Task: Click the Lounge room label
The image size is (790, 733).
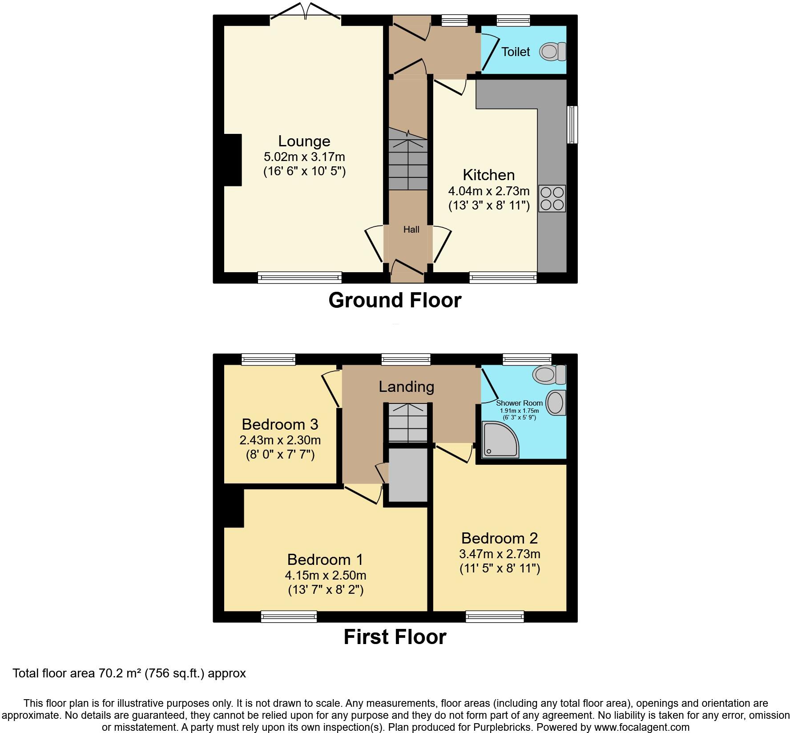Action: (304, 141)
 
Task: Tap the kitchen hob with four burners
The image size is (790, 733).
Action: (552, 198)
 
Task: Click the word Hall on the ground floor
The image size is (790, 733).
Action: (411, 230)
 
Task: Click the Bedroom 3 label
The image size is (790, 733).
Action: (280, 424)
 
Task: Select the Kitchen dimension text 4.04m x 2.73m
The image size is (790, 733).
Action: (488, 191)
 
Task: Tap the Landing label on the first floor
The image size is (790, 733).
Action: (406, 387)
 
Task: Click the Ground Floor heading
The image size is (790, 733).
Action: (395, 300)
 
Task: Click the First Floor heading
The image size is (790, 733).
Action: (395, 637)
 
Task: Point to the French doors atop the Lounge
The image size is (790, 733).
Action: (305, 12)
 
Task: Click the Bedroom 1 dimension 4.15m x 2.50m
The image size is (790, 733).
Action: (325, 575)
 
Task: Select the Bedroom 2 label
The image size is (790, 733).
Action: (499, 538)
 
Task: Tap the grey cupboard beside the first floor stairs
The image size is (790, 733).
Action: (408, 475)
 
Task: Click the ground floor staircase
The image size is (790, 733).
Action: (408, 165)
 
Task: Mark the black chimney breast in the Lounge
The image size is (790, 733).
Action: (232, 160)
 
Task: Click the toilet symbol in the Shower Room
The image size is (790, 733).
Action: (550, 374)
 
